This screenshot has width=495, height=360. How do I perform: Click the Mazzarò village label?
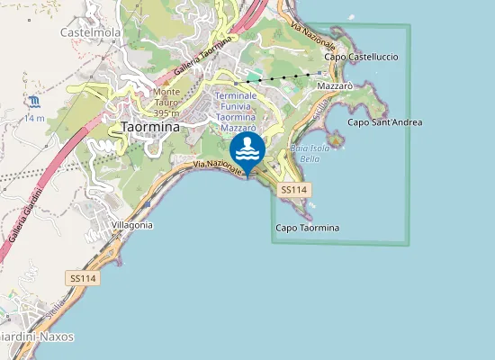pos(335,85)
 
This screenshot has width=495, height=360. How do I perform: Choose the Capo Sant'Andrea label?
pos(384,122)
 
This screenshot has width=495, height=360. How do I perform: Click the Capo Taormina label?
pos(307,228)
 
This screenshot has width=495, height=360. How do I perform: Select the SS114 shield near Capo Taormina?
pos(294,190)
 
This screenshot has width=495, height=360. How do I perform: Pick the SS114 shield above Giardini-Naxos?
pos(83,279)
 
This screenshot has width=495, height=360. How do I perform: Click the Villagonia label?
pos(131,225)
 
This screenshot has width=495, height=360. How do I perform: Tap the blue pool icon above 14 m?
pos(34,101)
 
